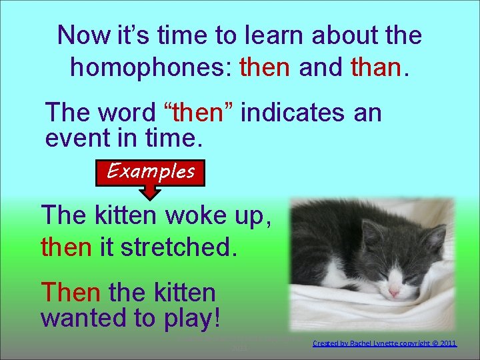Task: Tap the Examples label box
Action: [x=151, y=171]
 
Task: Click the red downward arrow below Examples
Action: [x=151, y=193]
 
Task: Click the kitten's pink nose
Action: [x=395, y=292]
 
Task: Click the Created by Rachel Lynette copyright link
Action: [x=385, y=343]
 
